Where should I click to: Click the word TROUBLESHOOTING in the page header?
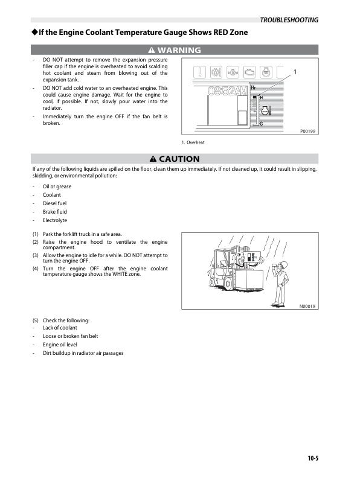pyautogui.click(x=289, y=20)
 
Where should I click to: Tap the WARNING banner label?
pyautogui.click(x=175, y=49)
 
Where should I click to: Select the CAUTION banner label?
pyautogui.click(x=175, y=159)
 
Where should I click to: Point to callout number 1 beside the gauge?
pyautogui.click(x=295, y=72)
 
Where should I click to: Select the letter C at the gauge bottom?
pyautogui.click(x=261, y=123)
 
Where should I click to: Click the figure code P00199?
pyautogui.click(x=307, y=131)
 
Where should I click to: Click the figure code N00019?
pyautogui.click(x=307, y=306)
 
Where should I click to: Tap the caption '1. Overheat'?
pyautogui.click(x=193, y=142)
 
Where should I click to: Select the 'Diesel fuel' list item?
pyautogui.click(x=54, y=203)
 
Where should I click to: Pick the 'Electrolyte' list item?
pyautogui.click(x=54, y=220)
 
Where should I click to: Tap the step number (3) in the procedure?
pyautogui.click(x=36, y=255)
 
